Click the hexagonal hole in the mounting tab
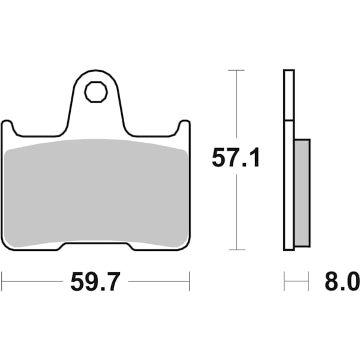pyautogui.click(x=95, y=92)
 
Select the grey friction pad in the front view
pyautogui.click(x=96, y=192)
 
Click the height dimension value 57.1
pyautogui.click(x=235, y=159)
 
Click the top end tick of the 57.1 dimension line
pyautogui.click(x=236, y=70)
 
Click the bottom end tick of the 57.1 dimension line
pyautogui.click(x=236, y=250)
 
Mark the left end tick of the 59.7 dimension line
pyautogui.click(x=2, y=280)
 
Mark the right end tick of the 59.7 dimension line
pyautogui.click(x=189, y=280)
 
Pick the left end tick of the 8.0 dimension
pyautogui.click(x=284, y=280)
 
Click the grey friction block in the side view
pyautogui.click(x=302, y=192)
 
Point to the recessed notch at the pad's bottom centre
pyautogui.click(x=96, y=245)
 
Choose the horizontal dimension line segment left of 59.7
pyautogui.click(x=33, y=280)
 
